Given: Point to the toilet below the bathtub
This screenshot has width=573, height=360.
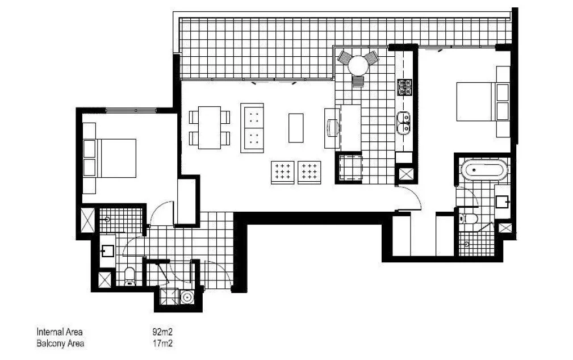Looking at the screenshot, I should pos(469,218).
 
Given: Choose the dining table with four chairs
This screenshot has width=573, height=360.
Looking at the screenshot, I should pos(210,128).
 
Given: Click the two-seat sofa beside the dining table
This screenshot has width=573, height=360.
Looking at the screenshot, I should pos(252,128).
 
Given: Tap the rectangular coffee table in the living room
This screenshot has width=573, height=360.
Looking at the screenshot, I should pos(296,128).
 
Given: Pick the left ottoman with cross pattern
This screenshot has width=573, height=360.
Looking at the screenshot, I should pos(282,171).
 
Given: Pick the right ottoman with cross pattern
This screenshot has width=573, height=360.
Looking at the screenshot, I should pos(310,171).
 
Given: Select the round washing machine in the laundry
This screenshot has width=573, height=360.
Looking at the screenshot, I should pos(187,296).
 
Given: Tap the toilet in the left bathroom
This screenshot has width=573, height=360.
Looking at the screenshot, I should pos(130,276).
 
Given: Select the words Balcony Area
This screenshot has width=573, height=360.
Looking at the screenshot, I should pos(60,344).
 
